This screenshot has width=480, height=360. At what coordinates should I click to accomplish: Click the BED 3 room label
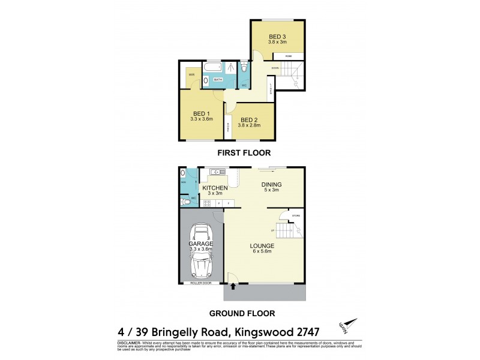[x=277, y=35]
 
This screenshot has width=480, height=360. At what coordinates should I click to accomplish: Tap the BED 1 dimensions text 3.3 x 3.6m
[x=202, y=119]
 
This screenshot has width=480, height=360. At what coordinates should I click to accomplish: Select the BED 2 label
[x=251, y=112]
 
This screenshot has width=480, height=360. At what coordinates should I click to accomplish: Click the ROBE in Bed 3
[x=289, y=56]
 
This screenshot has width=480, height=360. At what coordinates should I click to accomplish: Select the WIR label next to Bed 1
[x=191, y=74]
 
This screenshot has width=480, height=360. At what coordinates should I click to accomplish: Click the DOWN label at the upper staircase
[x=275, y=68]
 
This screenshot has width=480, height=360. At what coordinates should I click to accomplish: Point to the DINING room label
[x=272, y=184]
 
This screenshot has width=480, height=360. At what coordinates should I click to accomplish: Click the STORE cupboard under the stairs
[x=295, y=215]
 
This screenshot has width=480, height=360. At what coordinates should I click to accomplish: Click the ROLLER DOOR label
[x=201, y=282]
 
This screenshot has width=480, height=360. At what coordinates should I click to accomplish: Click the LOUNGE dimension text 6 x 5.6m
[x=263, y=253]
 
